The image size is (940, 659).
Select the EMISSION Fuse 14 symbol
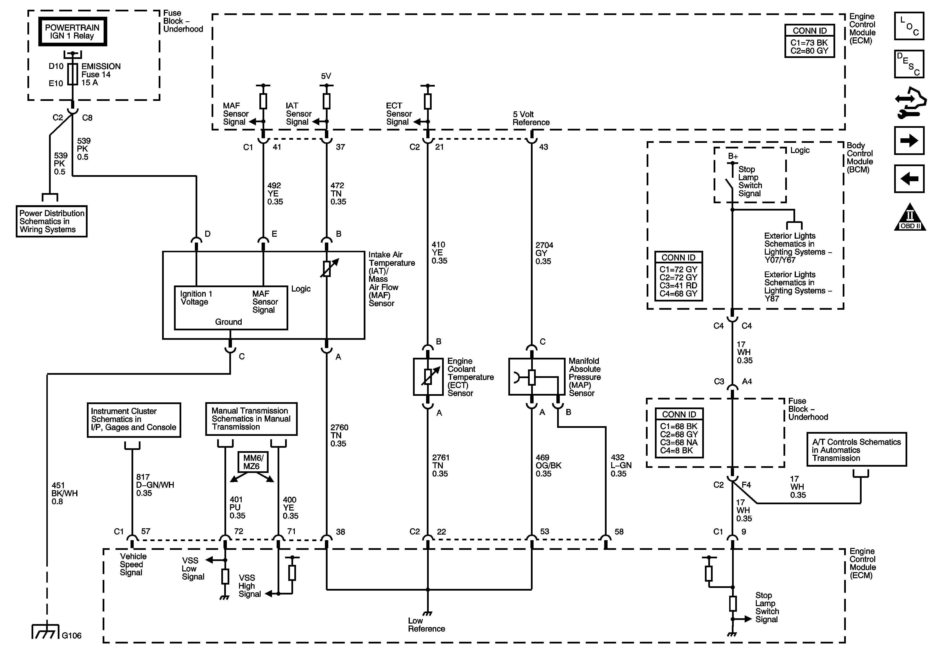pos(73,74)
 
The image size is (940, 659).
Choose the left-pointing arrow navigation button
pos(909,179)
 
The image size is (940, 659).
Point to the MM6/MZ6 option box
pos(253,462)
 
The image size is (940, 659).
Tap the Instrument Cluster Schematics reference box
pos(134,420)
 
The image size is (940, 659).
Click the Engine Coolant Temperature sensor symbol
pos(428,377)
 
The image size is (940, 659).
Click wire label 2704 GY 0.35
pos(544,253)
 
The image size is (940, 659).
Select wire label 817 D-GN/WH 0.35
pos(155,485)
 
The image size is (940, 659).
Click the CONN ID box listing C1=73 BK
pos(809,41)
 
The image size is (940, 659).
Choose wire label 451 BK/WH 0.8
pos(64,494)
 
